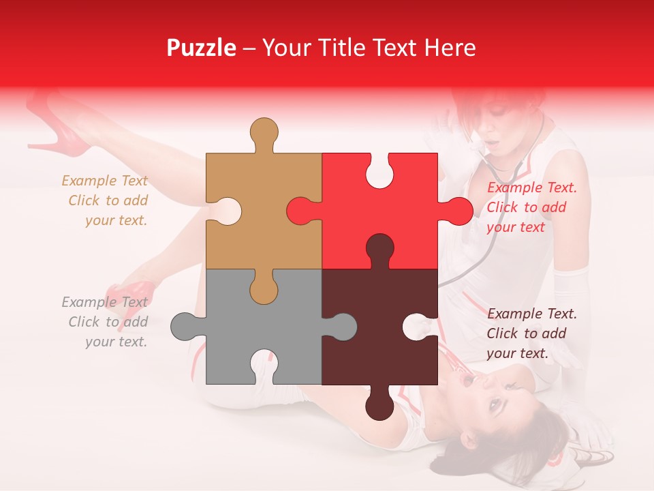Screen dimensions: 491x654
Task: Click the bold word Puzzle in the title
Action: (x=202, y=48)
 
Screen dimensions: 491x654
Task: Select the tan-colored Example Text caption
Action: (x=105, y=200)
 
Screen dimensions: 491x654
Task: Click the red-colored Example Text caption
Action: (x=531, y=207)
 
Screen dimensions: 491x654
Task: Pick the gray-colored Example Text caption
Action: (x=105, y=322)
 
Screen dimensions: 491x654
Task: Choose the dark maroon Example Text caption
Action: (x=531, y=333)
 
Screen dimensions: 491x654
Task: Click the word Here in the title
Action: (x=450, y=48)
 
